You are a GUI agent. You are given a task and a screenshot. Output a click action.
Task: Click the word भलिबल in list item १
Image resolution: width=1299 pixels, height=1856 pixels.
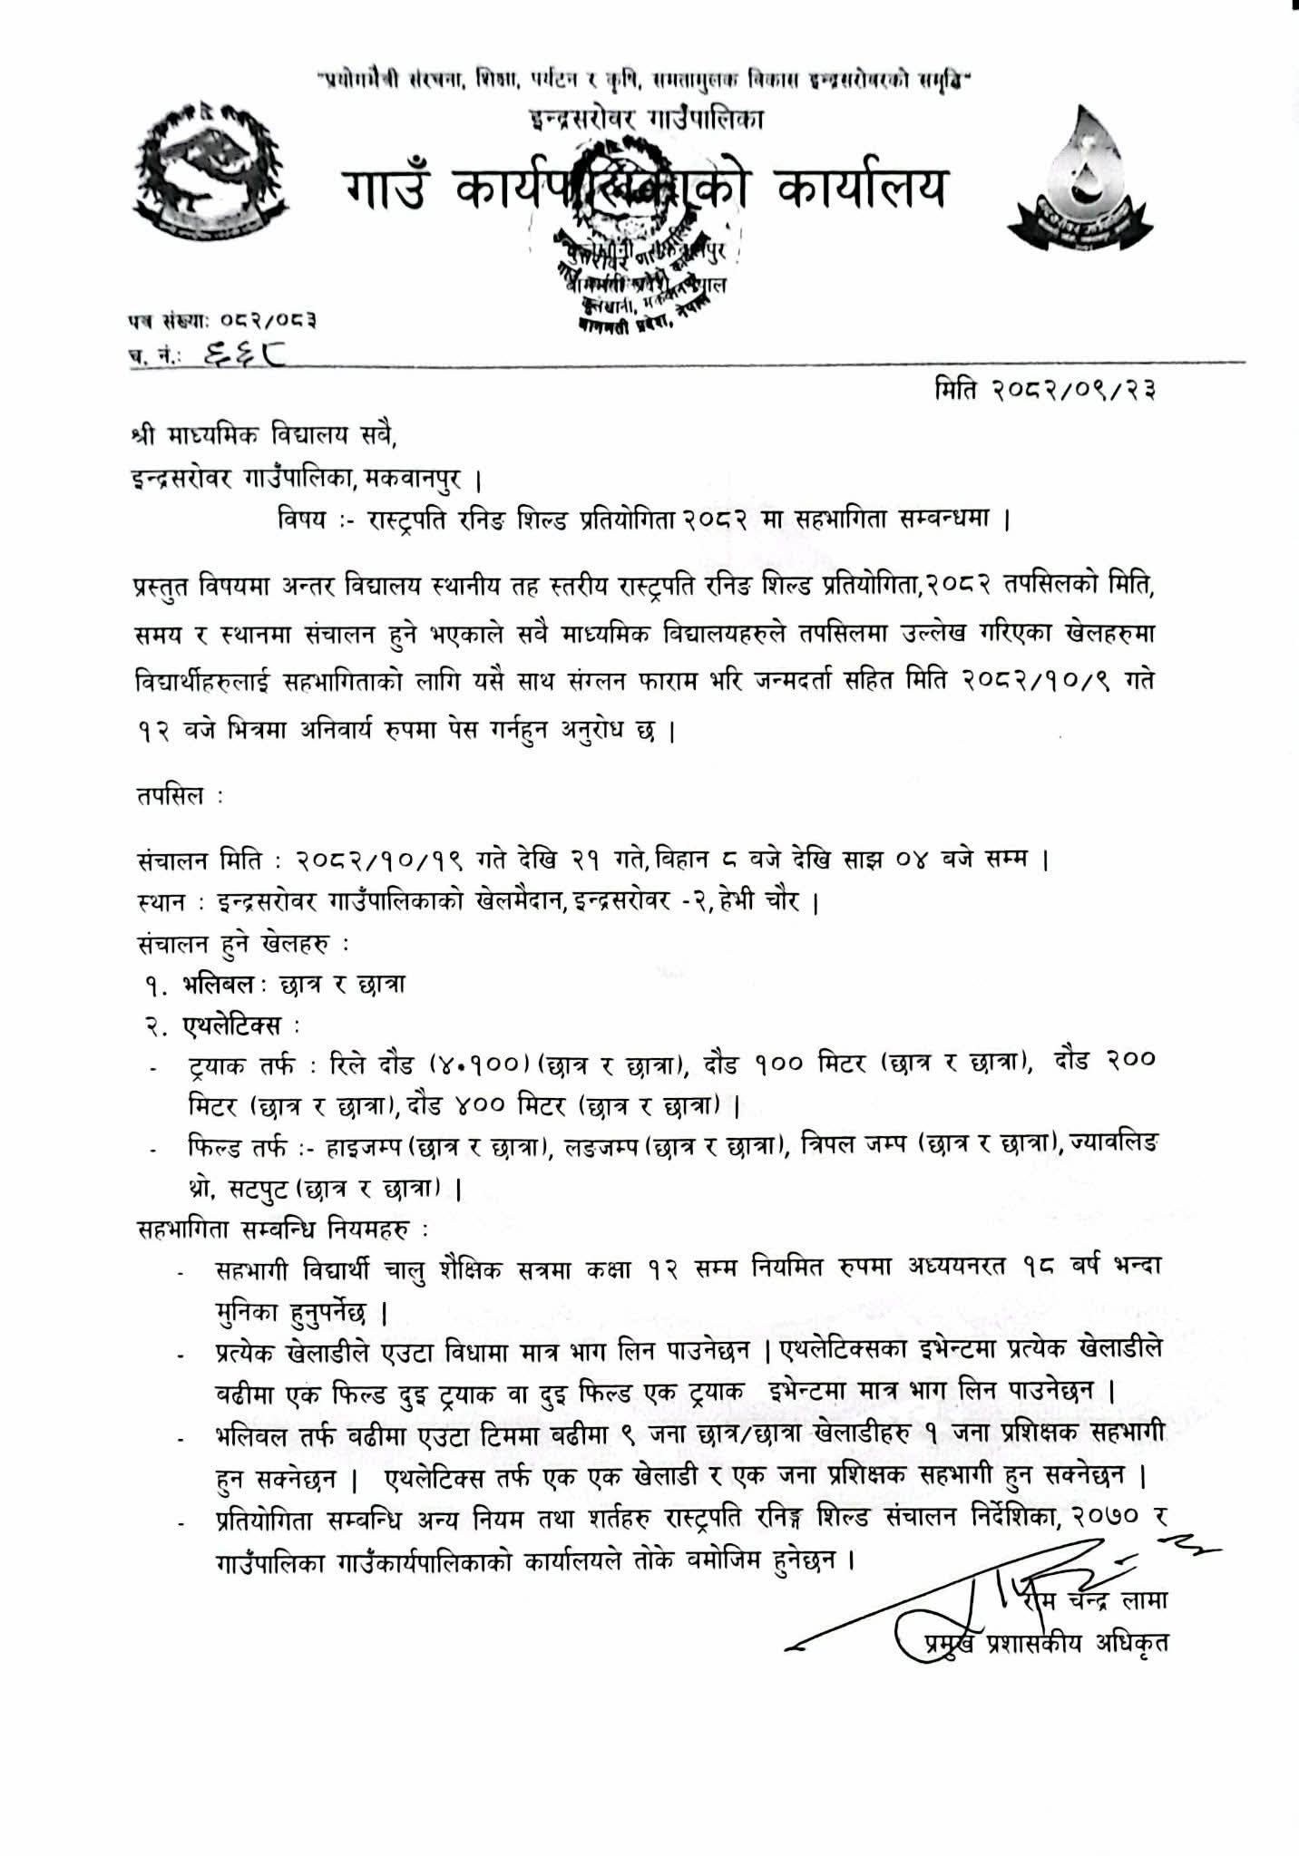pos(217,984)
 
